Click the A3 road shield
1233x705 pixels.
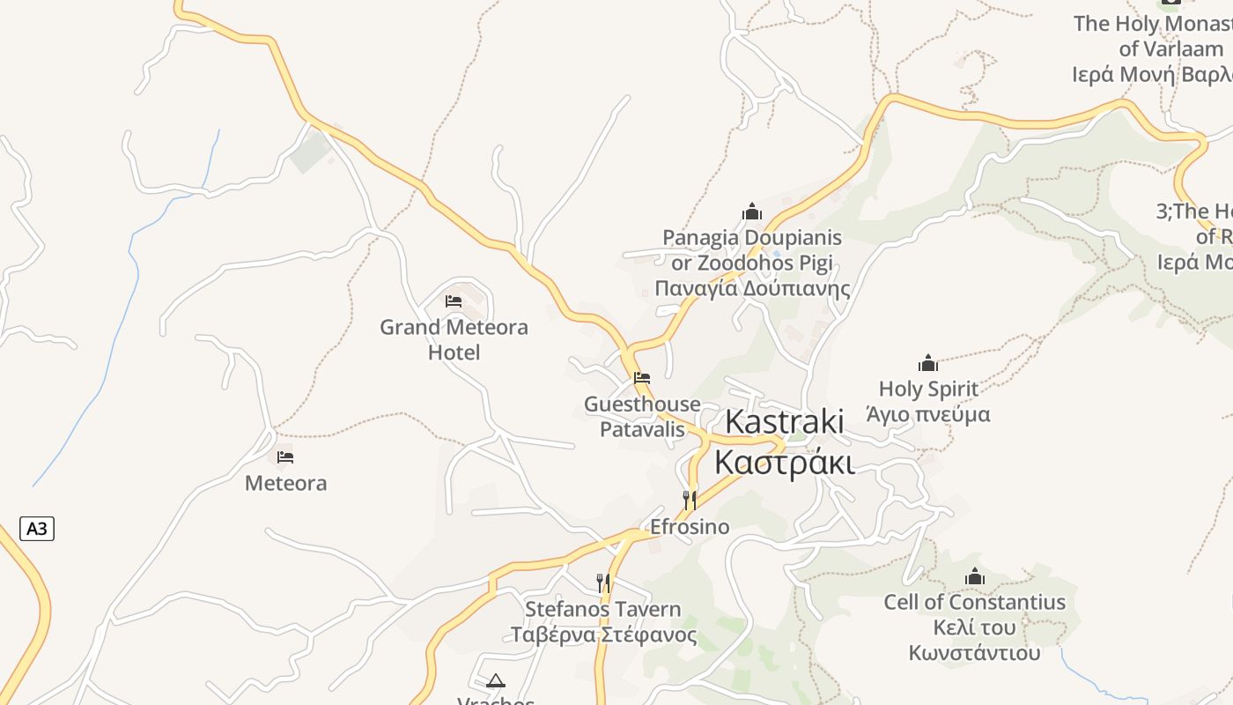tap(37, 529)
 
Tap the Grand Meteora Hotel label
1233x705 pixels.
tap(454, 339)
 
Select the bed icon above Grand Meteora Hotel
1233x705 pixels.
tap(454, 301)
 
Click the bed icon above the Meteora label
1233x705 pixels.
tap(285, 457)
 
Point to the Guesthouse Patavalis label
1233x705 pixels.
tap(642, 417)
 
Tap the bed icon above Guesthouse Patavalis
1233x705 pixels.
tap(642, 378)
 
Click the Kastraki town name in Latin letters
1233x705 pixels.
tap(784, 422)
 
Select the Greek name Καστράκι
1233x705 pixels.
tap(784, 461)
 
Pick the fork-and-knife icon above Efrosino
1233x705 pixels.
tap(690, 501)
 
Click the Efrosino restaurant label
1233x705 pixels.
tap(690, 527)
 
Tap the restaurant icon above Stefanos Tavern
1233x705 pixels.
tap(603, 583)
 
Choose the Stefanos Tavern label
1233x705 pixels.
tap(603, 609)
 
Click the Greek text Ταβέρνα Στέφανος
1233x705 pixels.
tap(603, 634)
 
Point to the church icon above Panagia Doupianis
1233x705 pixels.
tap(752, 211)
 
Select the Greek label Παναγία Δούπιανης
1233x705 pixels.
tap(752, 288)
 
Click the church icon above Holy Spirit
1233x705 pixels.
tap(928, 363)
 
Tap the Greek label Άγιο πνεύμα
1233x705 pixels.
tap(928, 414)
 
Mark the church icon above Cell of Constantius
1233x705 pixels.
tap(975, 577)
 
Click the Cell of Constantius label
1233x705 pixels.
tap(975, 603)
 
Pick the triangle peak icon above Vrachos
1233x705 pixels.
tap(496, 680)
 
